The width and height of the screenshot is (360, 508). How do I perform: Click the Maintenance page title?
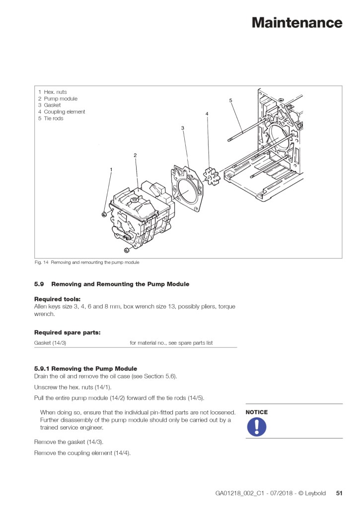296,23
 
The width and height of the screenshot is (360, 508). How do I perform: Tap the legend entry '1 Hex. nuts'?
52,92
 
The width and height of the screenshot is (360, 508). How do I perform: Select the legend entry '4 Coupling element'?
62,112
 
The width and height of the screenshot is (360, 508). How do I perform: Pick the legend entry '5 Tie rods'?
51,119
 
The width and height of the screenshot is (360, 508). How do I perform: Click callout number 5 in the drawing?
230,101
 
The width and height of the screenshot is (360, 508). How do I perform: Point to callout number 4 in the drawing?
207,114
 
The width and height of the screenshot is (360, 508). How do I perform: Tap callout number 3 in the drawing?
183,128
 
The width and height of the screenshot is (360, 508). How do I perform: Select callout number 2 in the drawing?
135,155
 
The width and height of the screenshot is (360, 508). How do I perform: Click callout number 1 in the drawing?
111,170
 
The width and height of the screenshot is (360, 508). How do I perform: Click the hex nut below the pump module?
127,249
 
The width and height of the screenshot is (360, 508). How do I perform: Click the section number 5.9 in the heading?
39,284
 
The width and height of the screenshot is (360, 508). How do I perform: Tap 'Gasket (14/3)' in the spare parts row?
50,343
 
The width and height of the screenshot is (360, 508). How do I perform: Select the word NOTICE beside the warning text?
256,412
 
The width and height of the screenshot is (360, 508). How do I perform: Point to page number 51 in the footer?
339,493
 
